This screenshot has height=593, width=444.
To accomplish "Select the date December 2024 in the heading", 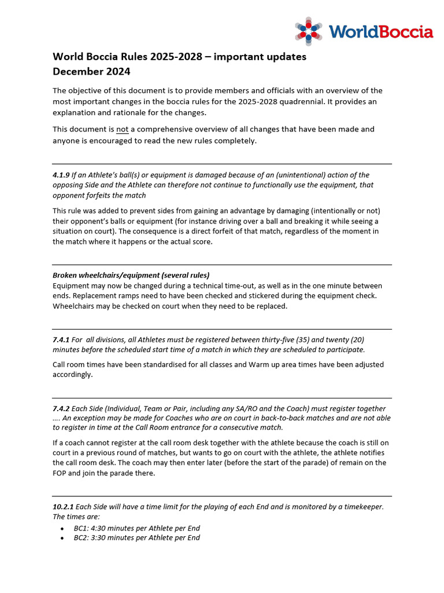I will pos(91,72).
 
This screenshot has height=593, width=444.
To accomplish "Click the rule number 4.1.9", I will pos(61,175).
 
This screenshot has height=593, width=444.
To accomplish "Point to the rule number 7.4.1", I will pos(61,339).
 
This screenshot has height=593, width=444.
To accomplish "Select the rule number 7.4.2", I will pos(61,408).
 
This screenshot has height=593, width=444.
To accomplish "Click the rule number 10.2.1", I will pos(64,507).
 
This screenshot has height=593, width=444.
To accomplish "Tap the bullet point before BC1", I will pos(63,529).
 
